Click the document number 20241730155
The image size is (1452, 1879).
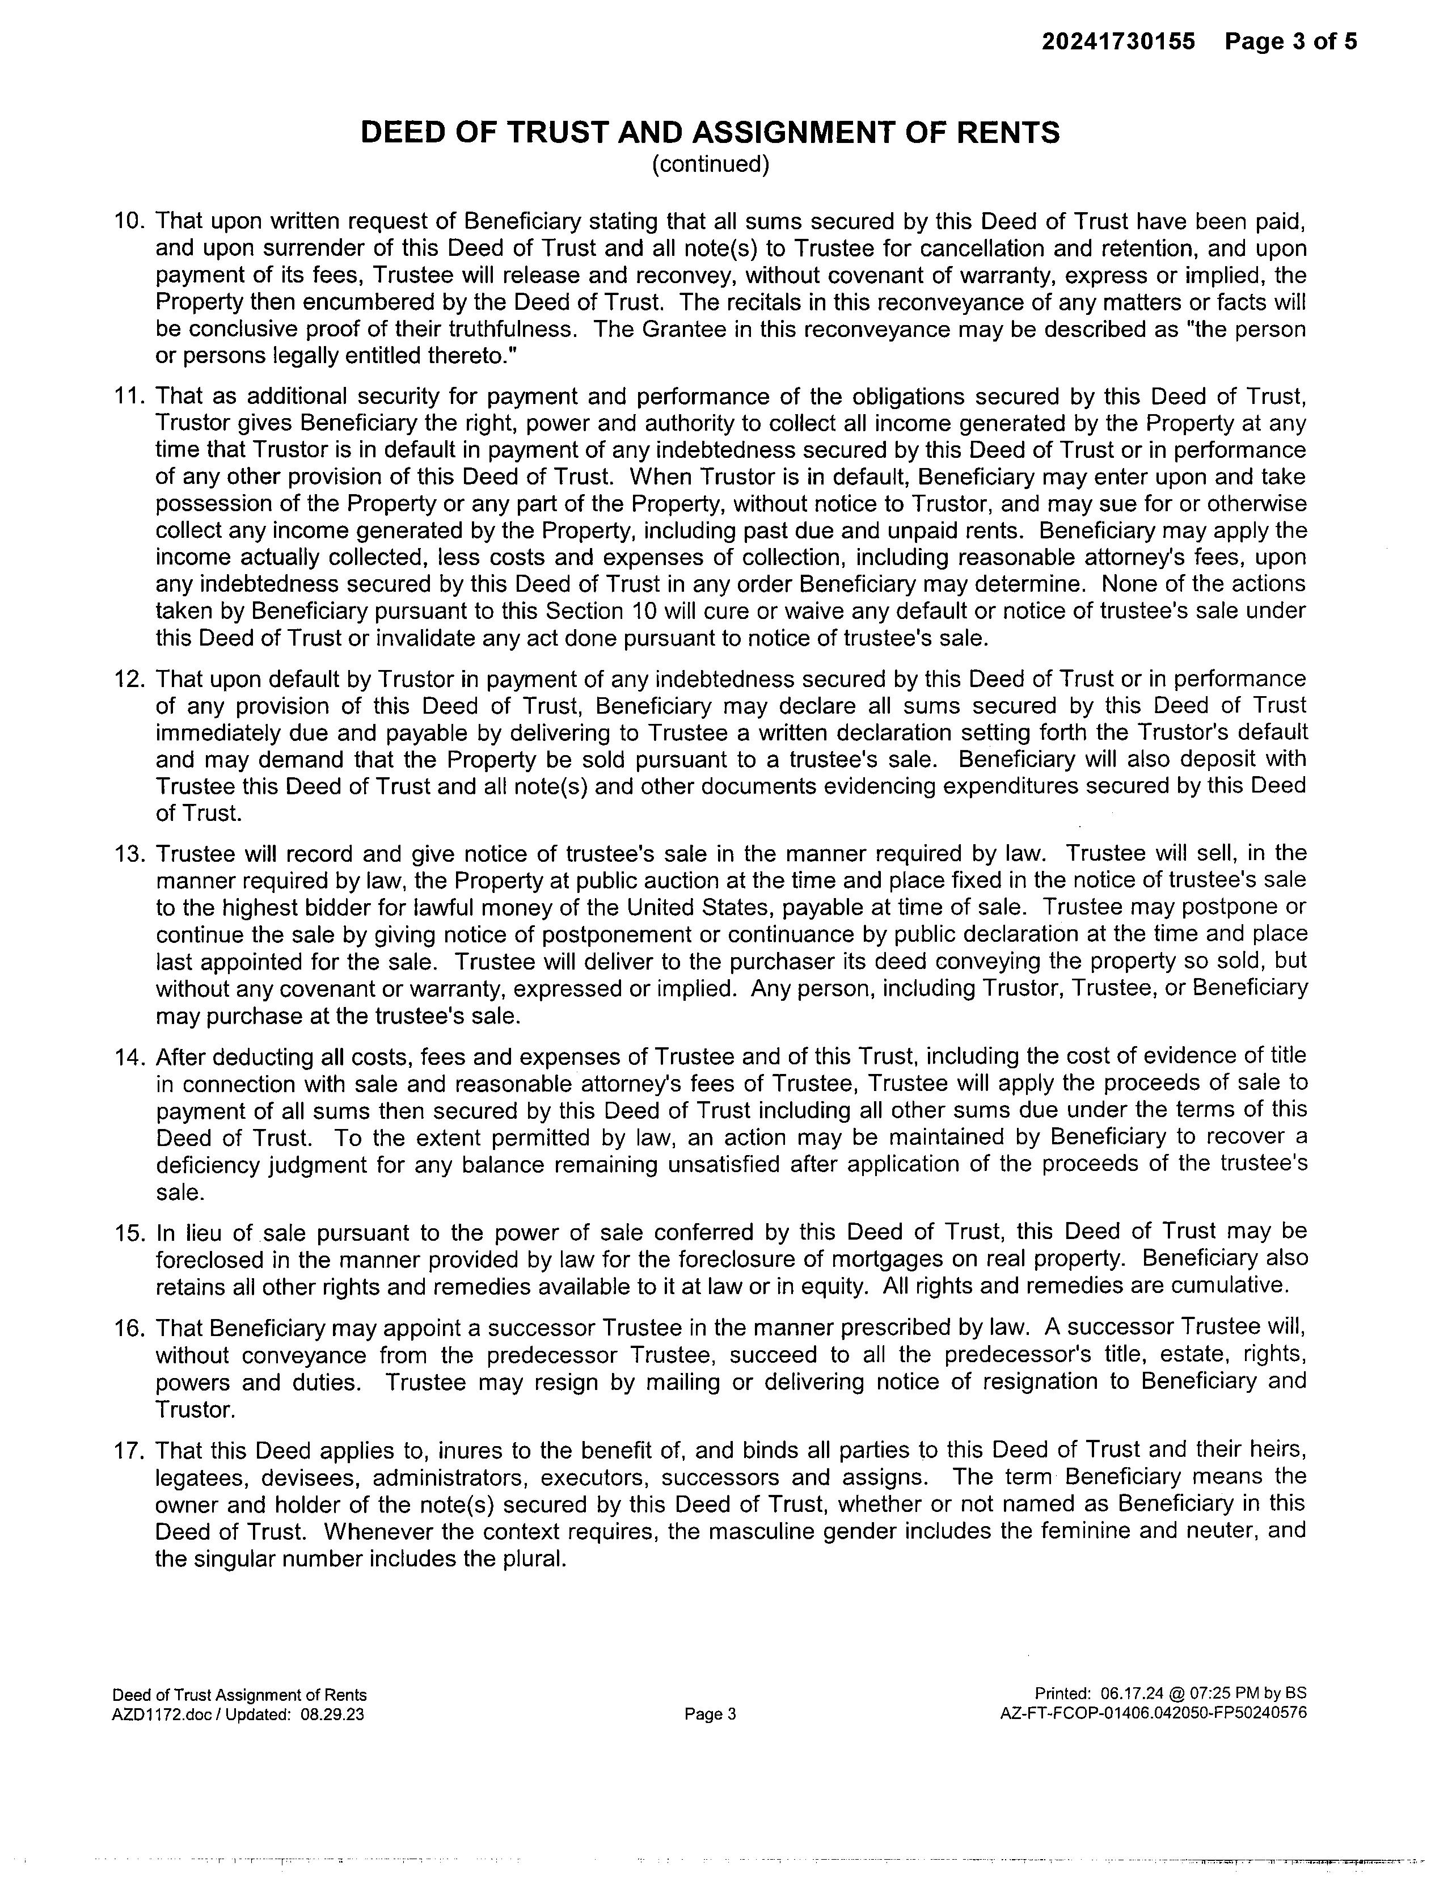[1118, 41]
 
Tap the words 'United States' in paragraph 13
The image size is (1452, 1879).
[699, 908]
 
